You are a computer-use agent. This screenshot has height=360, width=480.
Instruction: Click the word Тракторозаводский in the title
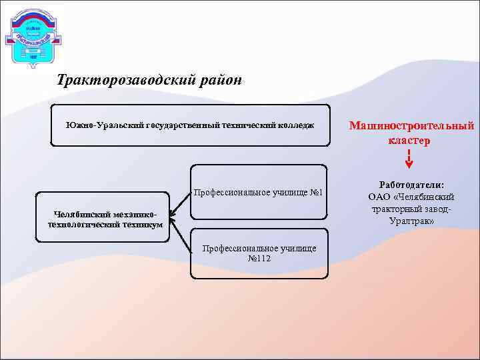(x=126, y=81)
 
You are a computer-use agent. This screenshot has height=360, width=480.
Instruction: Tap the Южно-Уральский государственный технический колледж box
(x=191, y=125)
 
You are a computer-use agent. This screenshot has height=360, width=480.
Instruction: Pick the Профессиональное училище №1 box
(x=258, y=192)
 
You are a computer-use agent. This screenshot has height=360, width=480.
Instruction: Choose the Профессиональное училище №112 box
(x=259, y=253)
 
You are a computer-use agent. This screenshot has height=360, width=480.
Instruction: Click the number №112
(x=259, y=259)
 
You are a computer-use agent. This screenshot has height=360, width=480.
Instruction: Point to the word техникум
(x=142, y=225)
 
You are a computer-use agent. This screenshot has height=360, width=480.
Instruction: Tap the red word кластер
(x=409, y=141)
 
